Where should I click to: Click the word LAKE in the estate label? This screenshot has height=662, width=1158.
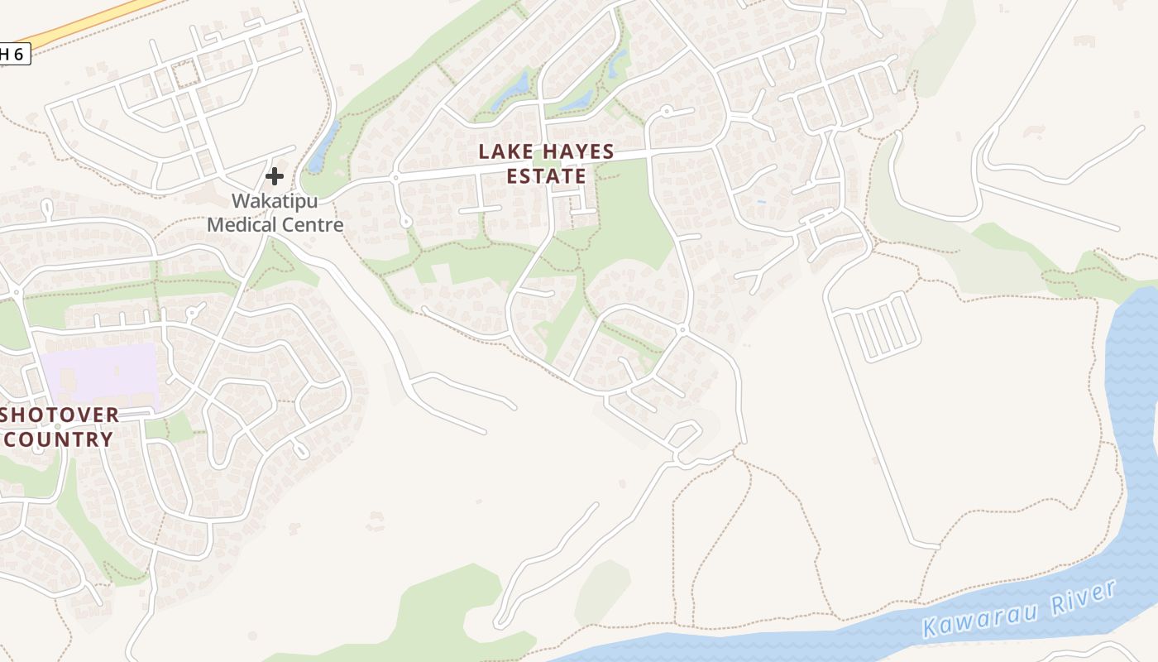pyautogui.click(x=505, y=152)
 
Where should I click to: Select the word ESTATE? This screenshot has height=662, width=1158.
pyautogui.click(x=546, y=176)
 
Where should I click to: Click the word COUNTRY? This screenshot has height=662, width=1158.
pyautogui.click(x=59, y=439)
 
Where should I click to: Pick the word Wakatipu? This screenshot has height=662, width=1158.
pyautogui.click(x=275, y=201)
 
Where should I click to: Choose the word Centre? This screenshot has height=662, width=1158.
pyautogui.click(x=313, y=224)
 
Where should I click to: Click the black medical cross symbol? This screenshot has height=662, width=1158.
pyautogui.click(x=275, y=176)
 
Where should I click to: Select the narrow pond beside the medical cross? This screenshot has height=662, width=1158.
pyautogui.click(x=323, y=147)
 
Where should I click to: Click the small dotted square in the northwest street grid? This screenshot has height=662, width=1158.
pyautogui.click(x=185, y=73)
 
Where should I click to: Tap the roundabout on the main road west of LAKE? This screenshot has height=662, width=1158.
pyautogui.click(x=395, y=178)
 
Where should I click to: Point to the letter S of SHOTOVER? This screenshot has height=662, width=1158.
pyautogui.click(x=6, y=415)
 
